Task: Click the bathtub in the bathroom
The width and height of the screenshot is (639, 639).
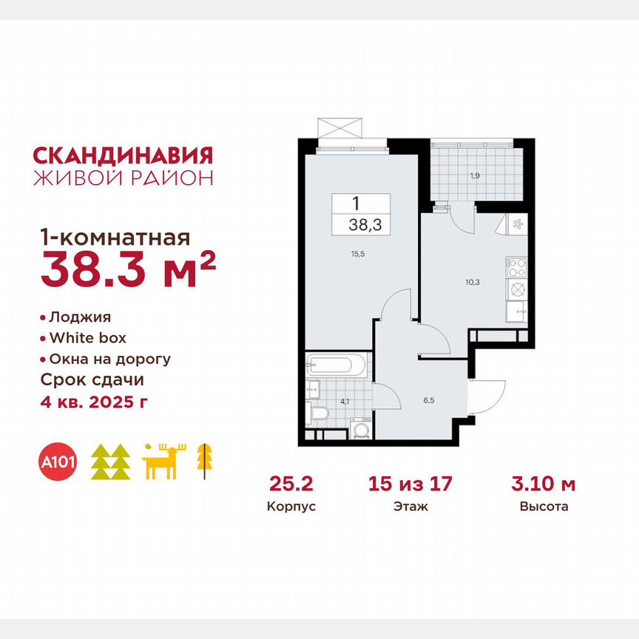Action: (x=337, y=364)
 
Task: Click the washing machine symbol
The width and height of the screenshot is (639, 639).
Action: (x=361, y=429)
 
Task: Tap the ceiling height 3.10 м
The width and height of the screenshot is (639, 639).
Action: (x=544, y=485)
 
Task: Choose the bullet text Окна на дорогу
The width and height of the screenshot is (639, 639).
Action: (x=110, y=359)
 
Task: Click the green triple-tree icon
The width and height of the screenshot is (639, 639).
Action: (x=111, y=462)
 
